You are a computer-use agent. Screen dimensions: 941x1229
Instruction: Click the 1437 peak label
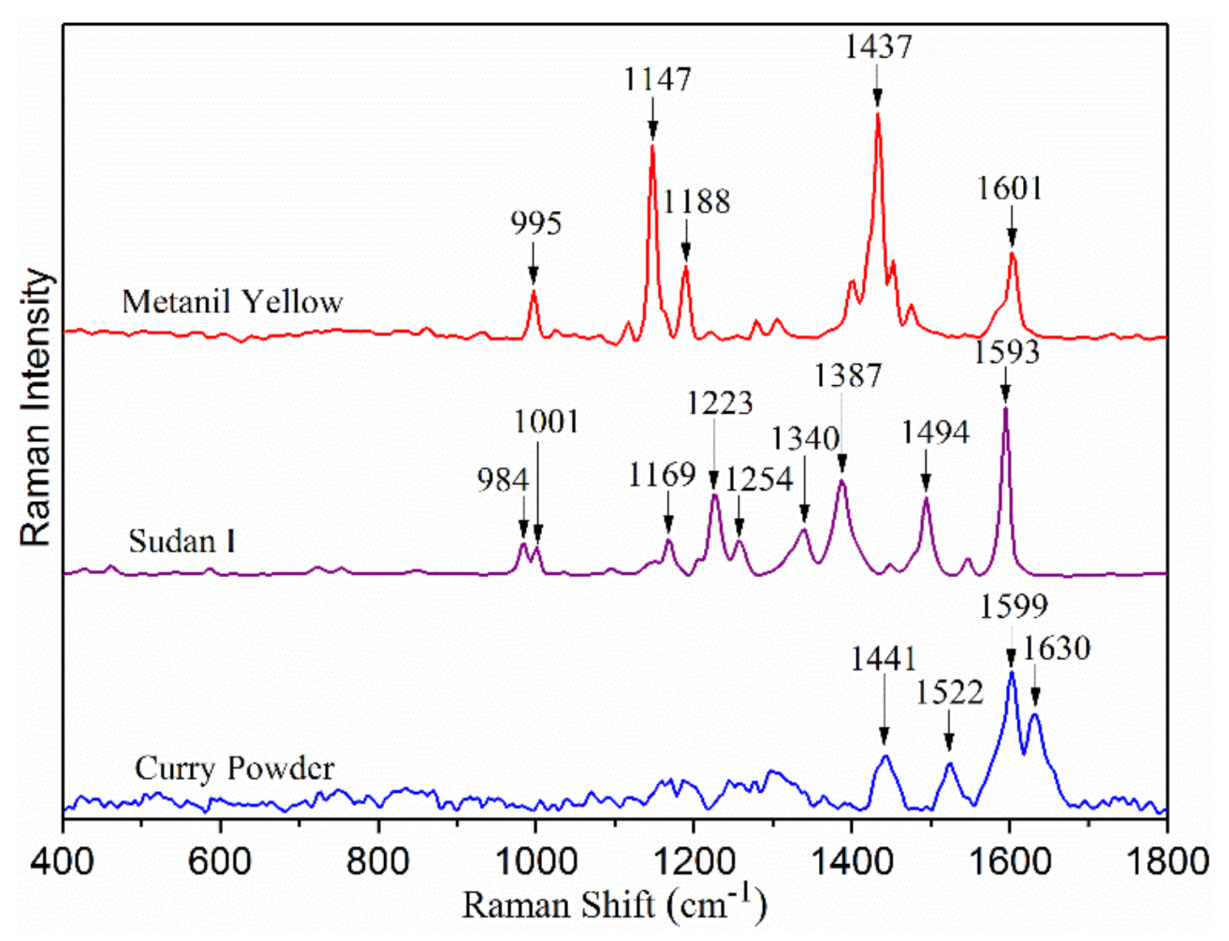pyautogui.click(x=877, y=47)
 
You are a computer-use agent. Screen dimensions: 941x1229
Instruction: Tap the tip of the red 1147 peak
pyautogui.click(x=652, y=145)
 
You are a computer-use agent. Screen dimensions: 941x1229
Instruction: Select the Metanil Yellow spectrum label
pyautogui.click(x=232, y=302)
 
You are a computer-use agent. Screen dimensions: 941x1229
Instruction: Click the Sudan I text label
pyautogui.click(x=181, y=542)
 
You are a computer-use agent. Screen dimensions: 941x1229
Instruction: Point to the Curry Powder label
pyautogui.click(x=234, y=768)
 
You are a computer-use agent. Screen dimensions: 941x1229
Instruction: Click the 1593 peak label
pyautogui.click(x=1006, y=352)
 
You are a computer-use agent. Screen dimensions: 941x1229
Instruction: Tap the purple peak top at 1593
pyautogui.click(x=1005, y=408)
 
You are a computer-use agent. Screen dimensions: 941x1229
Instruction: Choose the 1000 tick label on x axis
pyautogui.click(x=536, y=861)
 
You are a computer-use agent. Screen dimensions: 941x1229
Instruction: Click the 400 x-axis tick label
pyautogui.click(x=64, y=861)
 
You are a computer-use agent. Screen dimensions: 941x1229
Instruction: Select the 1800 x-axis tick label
pyautogui.click(x=1166, y=861)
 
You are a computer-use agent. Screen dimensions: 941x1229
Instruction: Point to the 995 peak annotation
pyautogui.click(x=536, y=224)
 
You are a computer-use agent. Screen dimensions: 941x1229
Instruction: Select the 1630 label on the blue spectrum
pyautogui.click(x=1056, y=648)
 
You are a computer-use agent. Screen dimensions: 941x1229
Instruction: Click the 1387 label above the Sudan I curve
pyautogui.click(x=847, y=375)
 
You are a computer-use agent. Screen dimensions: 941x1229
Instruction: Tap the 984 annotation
pyautogui.click(x=503, y=480)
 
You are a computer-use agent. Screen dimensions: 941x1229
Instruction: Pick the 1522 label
pyautogui.click(x=949, y=693)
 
